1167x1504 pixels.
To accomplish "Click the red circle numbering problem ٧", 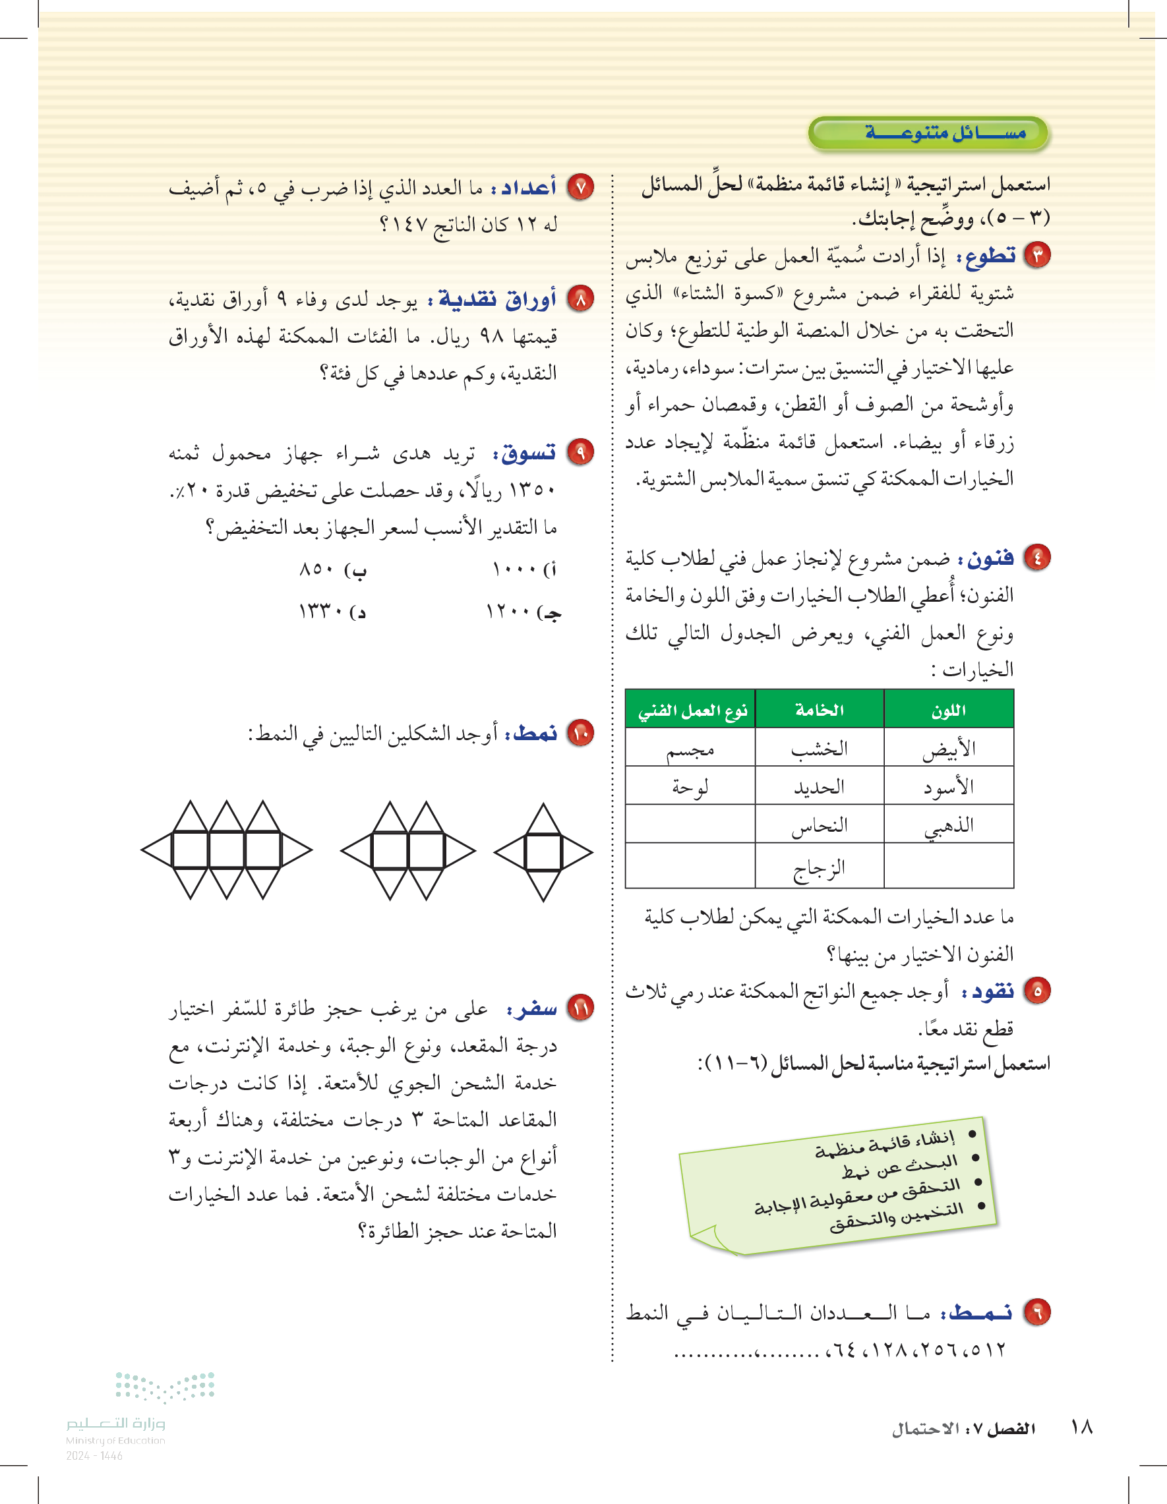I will click(580, 187).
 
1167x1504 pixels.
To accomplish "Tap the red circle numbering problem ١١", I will click(580, 1008).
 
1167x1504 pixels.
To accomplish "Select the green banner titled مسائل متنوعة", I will click(928, 133).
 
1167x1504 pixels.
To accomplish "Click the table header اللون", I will click(949, 710).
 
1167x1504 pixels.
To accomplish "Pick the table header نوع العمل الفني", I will click(690, 710).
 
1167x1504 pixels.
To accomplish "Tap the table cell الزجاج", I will click(819, 867).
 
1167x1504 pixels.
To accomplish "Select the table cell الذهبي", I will click(949, 825).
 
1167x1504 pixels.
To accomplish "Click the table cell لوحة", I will click(690, 786).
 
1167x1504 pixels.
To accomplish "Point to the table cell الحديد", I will click(819, 786).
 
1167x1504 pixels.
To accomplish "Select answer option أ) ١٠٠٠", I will click(524, 570).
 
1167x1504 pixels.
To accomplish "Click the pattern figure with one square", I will click(543, 852).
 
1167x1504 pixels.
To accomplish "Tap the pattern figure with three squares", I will click(227, 850).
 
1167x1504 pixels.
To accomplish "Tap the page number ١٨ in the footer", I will click(1081, 1426).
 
